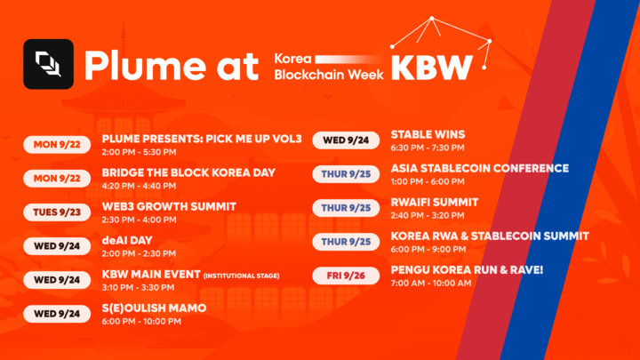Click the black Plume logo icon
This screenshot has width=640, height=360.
47,64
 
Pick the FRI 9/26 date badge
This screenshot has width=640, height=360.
346,276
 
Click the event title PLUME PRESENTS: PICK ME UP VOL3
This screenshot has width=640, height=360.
202,139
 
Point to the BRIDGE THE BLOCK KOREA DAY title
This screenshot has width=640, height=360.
188,172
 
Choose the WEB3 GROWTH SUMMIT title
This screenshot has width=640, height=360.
169,206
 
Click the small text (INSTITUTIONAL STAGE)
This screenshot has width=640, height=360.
242,276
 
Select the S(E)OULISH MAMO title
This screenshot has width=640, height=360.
154,308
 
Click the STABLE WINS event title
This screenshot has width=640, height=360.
428,134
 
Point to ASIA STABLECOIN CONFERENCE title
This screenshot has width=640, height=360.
479,168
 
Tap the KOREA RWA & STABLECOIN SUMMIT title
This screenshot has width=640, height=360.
489,236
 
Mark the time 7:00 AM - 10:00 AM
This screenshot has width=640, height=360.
431,283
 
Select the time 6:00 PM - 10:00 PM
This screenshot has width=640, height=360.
141,321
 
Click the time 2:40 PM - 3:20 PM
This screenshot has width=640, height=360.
427,215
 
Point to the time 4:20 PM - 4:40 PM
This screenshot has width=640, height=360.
139,186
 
